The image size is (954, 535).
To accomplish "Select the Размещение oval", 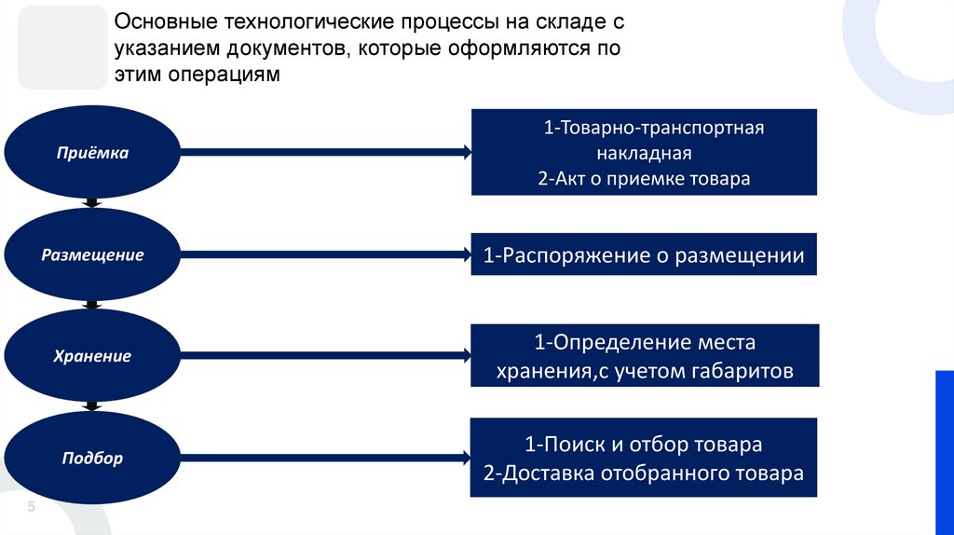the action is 91,254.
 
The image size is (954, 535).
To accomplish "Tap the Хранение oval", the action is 91,356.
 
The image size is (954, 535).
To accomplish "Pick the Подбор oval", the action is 91,458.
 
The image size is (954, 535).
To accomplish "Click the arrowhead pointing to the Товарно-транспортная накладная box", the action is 466,152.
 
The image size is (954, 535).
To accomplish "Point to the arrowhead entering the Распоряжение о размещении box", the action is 466,254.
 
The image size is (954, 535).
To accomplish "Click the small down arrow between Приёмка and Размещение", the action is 91,203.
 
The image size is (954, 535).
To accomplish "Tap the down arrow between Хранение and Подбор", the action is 91,406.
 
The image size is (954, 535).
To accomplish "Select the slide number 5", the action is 31,507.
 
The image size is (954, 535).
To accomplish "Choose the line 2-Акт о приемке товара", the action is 644,178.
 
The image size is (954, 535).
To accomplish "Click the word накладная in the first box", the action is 644,153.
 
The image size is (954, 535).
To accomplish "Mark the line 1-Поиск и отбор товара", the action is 644,445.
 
